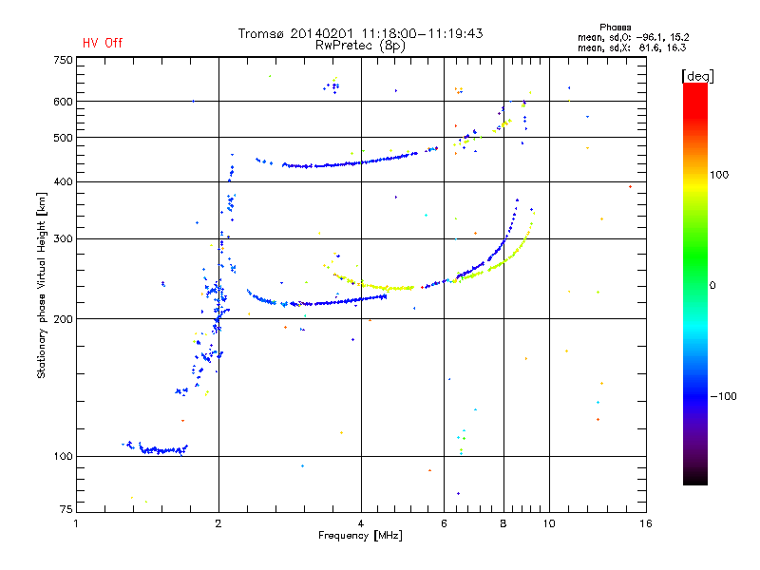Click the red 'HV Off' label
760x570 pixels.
103,44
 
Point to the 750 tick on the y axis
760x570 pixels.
63,60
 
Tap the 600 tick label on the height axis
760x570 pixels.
63,101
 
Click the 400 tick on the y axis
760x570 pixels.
63,181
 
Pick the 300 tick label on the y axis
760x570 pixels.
63,238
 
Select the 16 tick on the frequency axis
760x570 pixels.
645,523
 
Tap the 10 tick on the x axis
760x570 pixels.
548,523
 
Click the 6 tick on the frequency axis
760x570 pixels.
444,523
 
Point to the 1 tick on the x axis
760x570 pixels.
77,523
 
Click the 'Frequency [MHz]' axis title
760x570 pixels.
360,537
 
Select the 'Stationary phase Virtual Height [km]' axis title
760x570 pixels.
42,285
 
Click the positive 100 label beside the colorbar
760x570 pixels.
720,175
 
